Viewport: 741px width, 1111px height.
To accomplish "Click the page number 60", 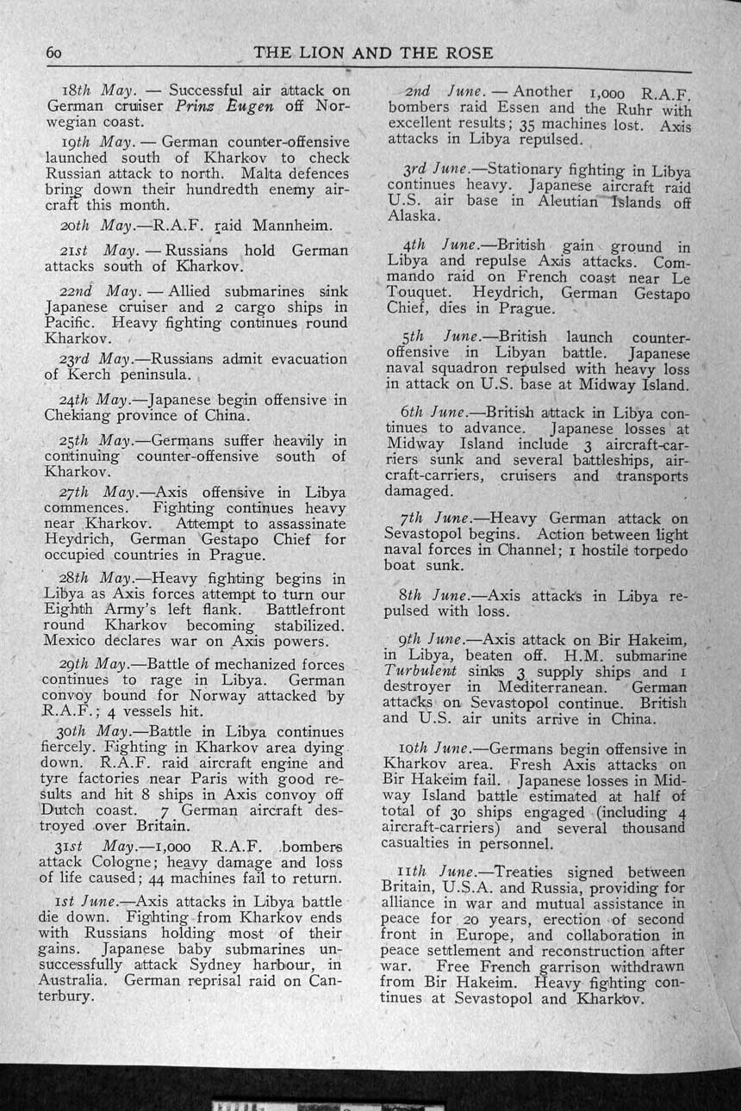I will tap(55, 53).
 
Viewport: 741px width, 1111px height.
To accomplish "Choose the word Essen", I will tap(499, 109).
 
